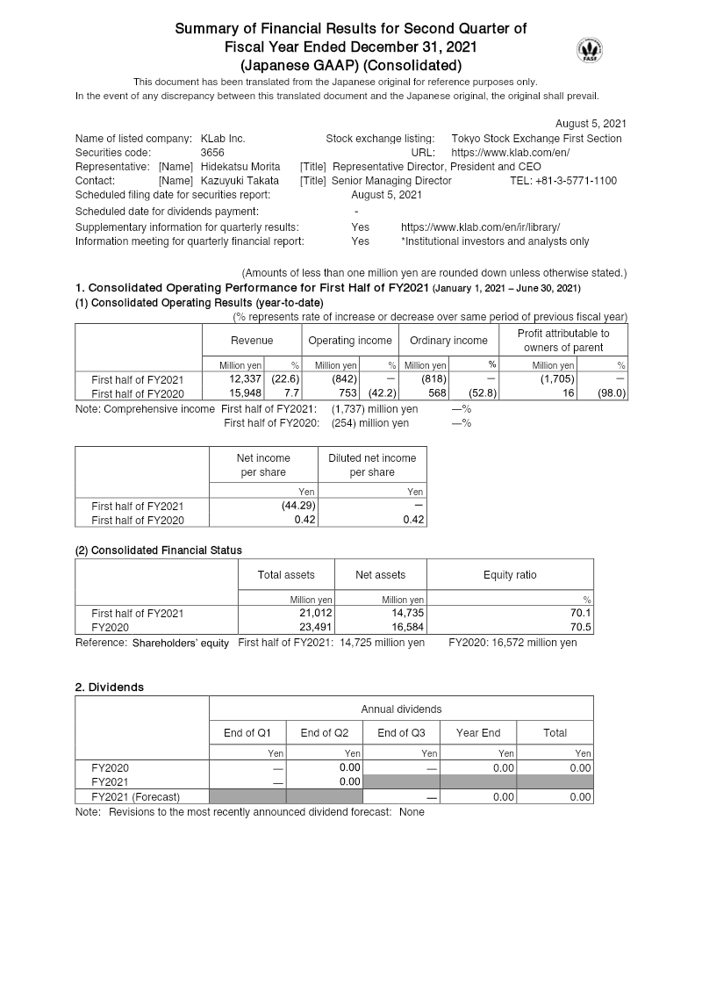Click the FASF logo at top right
pos(590,50)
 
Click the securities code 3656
pos(212,153)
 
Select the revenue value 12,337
pos(246,379)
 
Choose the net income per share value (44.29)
pos(297,506)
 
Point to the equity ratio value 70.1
pos(580,614)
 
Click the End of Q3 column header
pos(401,733)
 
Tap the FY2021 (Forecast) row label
pos(135,797)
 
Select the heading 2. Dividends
pos(110,687)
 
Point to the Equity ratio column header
pos(510,575)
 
